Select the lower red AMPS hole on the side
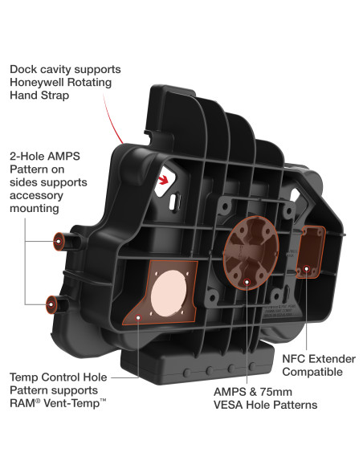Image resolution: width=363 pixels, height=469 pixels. click(51, 304)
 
